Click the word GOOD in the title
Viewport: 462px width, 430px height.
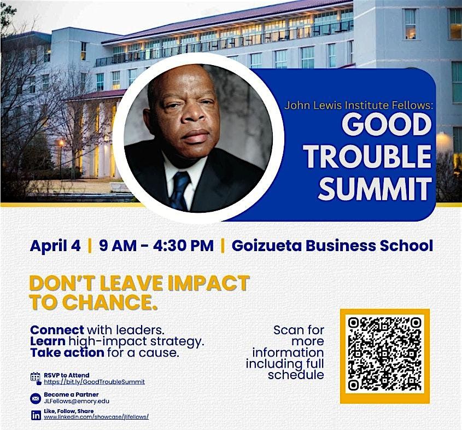click(386, 124)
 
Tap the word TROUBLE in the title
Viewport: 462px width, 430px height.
click(368, 156)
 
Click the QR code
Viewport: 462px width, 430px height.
click(385, 356)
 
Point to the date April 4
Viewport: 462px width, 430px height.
click(55, 245)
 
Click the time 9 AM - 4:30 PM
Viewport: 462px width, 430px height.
click(156, 245)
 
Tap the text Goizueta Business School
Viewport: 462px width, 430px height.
click(332, 245)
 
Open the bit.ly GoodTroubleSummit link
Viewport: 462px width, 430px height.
click(94, 382)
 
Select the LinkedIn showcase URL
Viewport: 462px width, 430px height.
click(96, 417)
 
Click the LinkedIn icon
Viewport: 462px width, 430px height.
click(36, 415)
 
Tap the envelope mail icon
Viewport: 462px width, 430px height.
click(36, 398)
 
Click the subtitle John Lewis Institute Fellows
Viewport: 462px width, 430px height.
click(359, 105)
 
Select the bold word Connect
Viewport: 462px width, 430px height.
click(57, 330)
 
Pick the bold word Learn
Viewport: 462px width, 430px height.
click(48, 341)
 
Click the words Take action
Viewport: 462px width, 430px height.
click(67, 352)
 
